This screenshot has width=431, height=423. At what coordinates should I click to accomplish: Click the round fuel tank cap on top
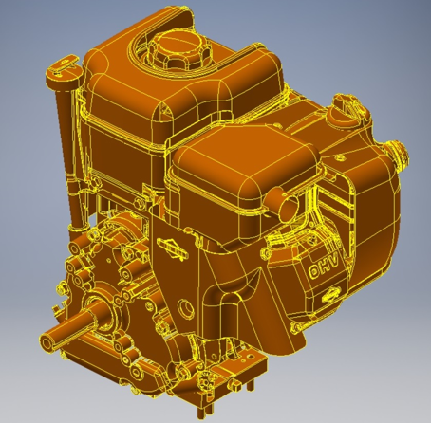(x=178, y=50)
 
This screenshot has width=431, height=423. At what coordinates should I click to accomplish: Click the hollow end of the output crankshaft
(x=46, y=343)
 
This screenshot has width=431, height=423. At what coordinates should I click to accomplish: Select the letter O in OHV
(x=314, y=271)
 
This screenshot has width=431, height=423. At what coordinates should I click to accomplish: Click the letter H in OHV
(x=325, y=264)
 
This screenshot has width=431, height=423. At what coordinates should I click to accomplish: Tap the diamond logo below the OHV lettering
(x=331, y=295)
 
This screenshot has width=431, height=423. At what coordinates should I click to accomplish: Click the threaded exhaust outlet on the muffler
(x=400, y=154)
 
